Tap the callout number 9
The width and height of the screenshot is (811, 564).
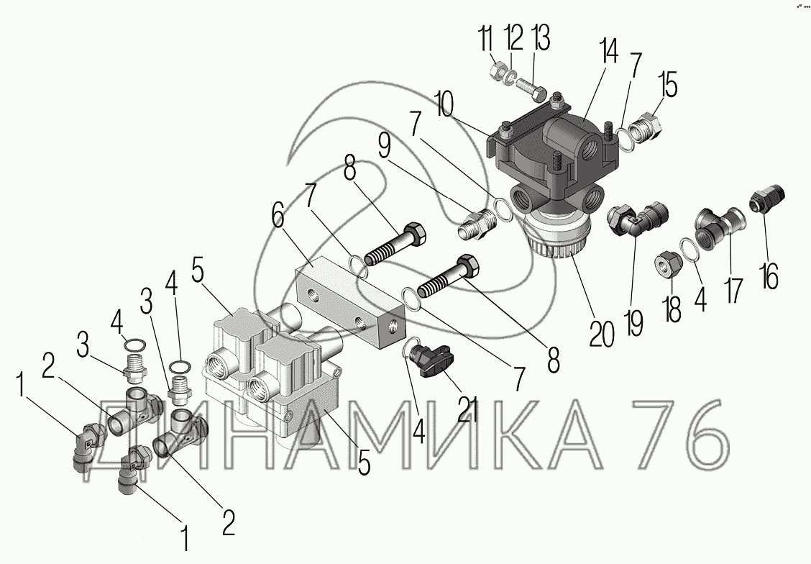tap(385, 147)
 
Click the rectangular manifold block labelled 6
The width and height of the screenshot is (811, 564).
tap(352, 303)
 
